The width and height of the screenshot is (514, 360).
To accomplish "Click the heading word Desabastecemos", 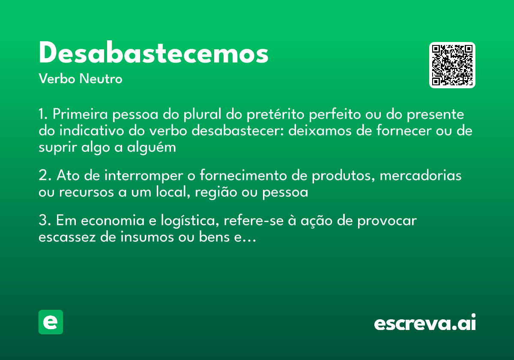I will (x=153, y=54).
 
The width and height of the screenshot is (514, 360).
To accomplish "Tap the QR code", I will (x=452, y=65).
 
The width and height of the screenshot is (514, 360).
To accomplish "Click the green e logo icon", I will (x=51, y=322).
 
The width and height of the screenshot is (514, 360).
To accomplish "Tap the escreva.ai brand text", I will (x=425, y=323).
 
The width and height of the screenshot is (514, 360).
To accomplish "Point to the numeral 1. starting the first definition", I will (x=44, y=115).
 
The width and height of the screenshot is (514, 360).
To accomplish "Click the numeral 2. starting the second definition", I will (x=45, y=176).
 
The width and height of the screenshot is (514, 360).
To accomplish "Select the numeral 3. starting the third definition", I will (x=45, y=221).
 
